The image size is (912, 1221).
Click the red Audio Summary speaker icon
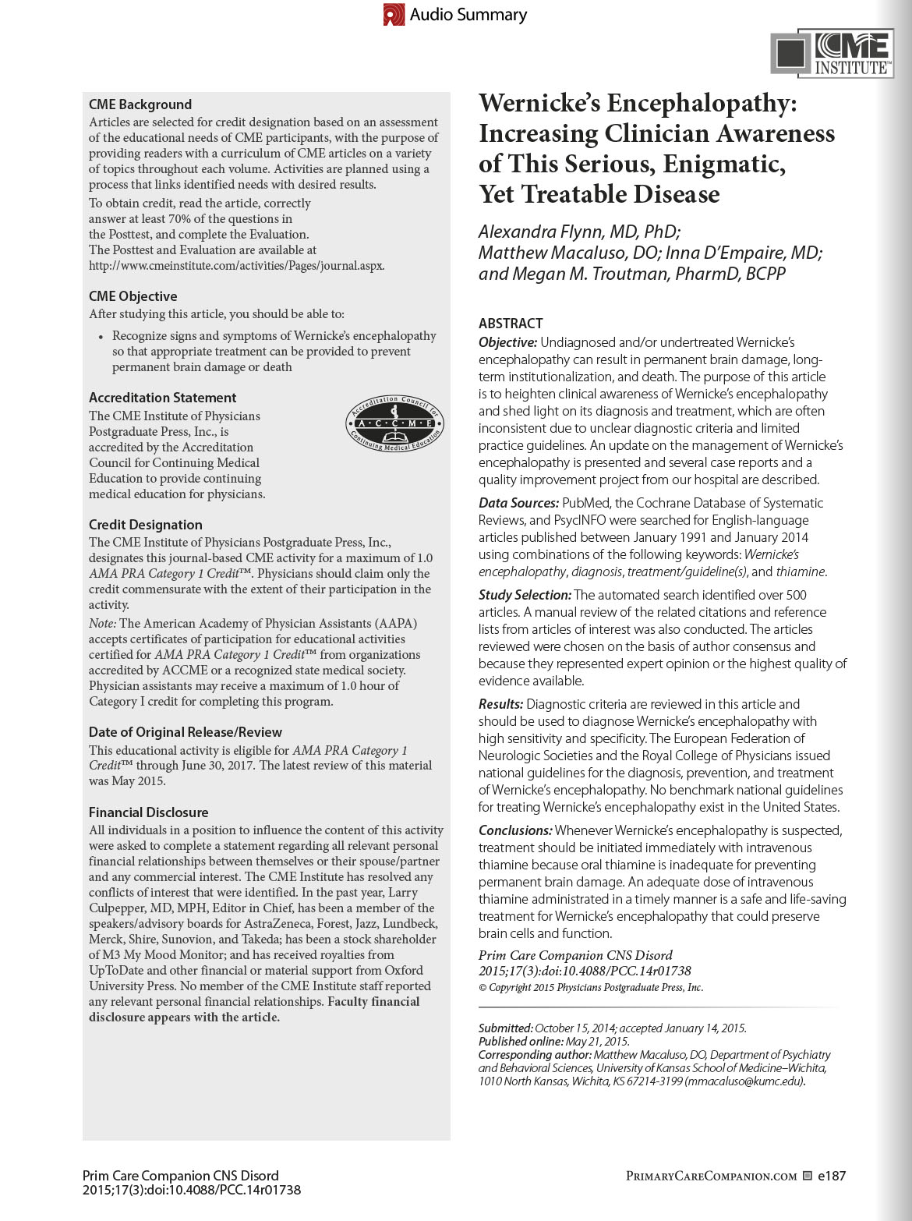tap(394, 15)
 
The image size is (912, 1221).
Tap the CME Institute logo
tap(832, 54)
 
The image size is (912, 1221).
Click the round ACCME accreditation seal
tap(394, 423)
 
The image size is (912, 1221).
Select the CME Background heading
tap(140, 104)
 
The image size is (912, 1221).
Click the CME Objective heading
tap(133, 296)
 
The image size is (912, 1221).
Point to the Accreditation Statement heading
tap(162, 398)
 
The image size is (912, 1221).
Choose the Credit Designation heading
tap(146, 525)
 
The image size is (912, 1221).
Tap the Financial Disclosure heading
tap(149, 812)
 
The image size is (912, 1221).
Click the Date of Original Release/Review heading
tap(186, 732)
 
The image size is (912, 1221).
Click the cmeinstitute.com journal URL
tap(237, 266)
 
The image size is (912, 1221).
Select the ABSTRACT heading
tap(511, 324)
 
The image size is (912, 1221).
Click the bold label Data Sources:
tap(518, 503)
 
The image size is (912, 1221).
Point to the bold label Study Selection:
tap(525, 595)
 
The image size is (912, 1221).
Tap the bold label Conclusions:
tap(515, 830)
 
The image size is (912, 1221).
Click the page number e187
tap(832, 1176)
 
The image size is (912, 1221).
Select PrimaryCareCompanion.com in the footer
tap(711, 1176)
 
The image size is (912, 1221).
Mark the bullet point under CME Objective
tap(101, 337)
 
